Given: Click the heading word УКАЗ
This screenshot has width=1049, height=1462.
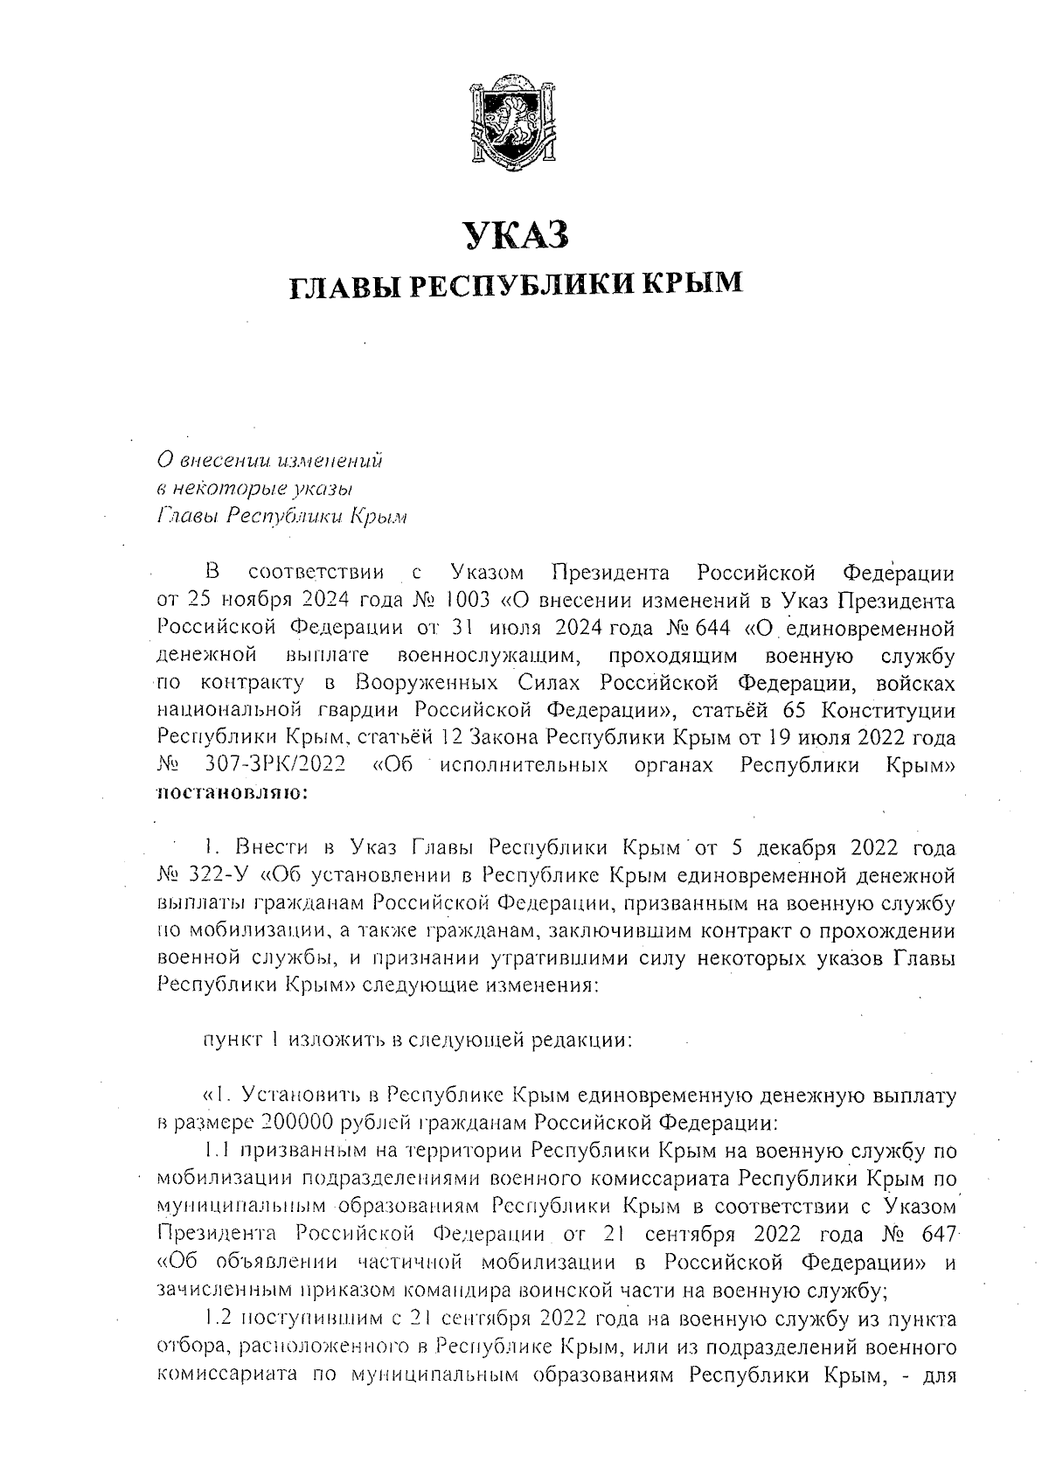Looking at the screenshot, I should click(x=516, y=236).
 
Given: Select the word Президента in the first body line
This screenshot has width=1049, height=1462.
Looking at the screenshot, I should click(x=612, y=574).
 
